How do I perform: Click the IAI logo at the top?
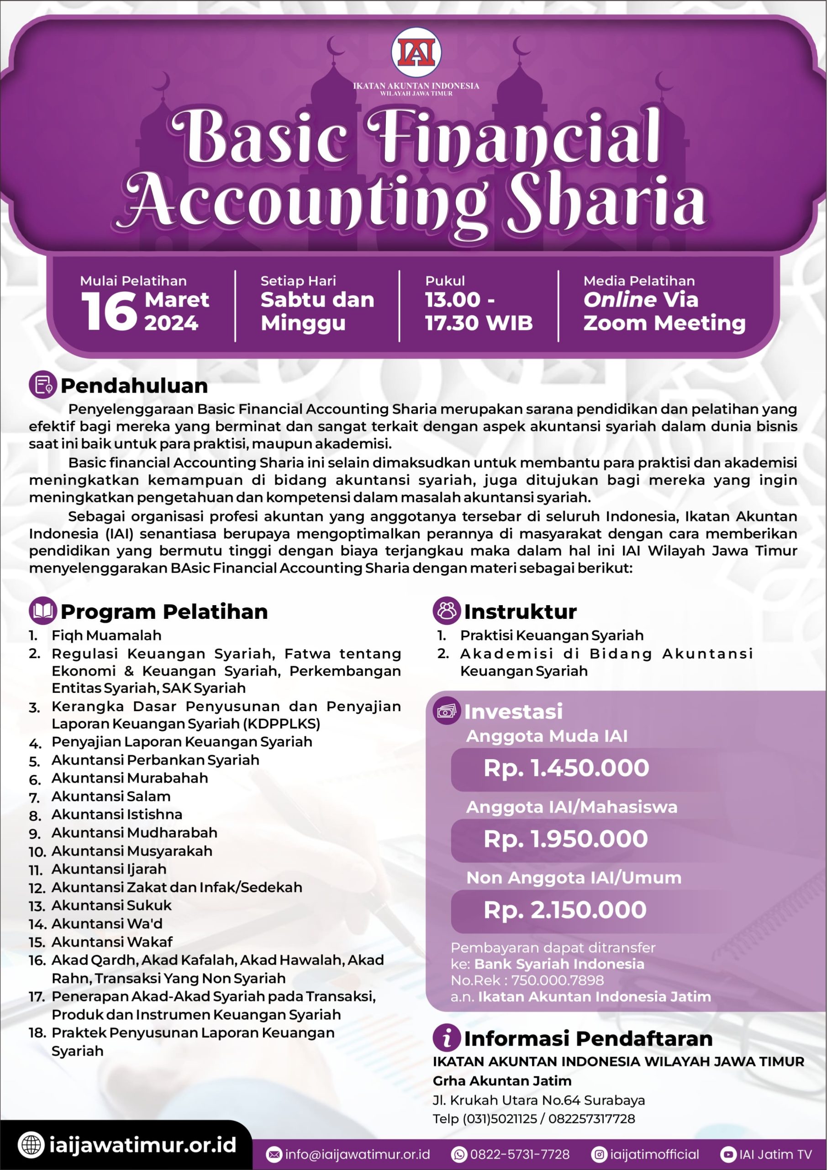[x=416, y=53]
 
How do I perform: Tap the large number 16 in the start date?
[x=109, y=312]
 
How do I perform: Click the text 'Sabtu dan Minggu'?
[x=317, y=311]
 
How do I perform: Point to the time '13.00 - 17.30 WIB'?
[x=478, y=311]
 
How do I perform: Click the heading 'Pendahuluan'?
[x=134, y=386]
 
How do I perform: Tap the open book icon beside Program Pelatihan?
[x=42, y=611]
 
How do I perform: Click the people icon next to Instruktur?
[x=447, y=611]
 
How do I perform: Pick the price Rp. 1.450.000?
[x=566, y=768]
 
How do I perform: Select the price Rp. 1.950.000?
[x=565, y=839]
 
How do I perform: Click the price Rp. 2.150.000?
[x=565, y=910]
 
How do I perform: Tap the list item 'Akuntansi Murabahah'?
[x=129, y=778]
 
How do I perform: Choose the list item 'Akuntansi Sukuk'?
[x=111, y=905]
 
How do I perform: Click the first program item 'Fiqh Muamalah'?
[x=106, y=635]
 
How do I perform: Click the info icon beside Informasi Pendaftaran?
[x=447, y=1038]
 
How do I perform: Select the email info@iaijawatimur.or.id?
[x=357, y=1155]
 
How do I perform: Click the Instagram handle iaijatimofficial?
[x=654, y=1155]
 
